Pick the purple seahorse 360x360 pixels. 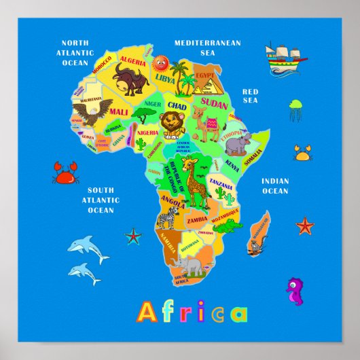click(295, 291)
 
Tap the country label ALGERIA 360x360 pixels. click(133, 62)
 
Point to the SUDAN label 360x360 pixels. click(215, 105)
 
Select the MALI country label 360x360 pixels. click(118, 111)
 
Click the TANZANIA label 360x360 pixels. click(221, 183)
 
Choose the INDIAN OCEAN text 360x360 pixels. click(275, 186)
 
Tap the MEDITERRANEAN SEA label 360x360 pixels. click(207, 47)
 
